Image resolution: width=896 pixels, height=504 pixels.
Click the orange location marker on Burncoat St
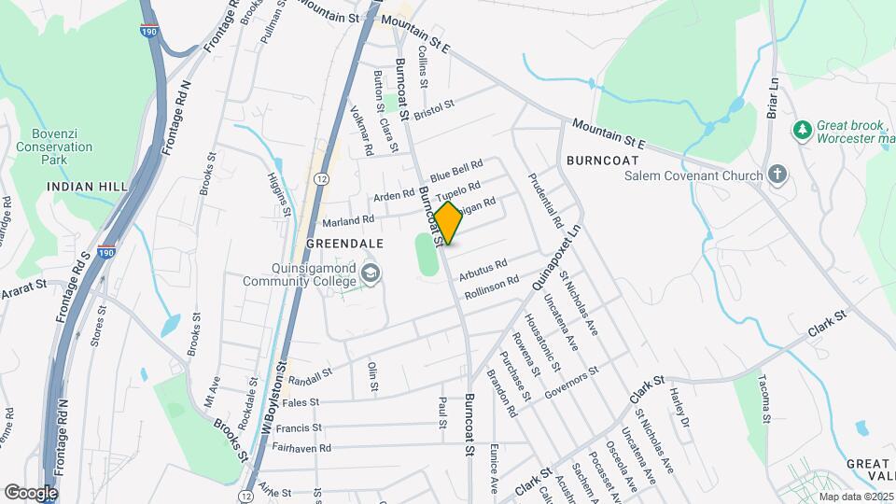448,223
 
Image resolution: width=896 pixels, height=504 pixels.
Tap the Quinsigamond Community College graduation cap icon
371,273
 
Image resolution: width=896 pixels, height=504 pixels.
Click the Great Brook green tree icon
801,128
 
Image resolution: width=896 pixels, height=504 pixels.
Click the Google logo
31,492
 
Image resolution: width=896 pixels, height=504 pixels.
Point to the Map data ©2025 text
855,497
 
